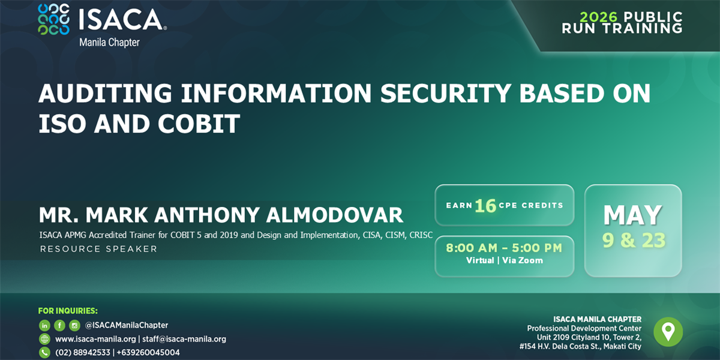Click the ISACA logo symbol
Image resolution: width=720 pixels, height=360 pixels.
tap(53, 19)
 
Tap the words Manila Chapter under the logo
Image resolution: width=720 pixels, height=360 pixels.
tap(109, 43)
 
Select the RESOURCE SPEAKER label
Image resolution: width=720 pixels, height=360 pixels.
tap(98, 249)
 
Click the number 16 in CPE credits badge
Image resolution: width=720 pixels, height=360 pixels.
tap(485, 206)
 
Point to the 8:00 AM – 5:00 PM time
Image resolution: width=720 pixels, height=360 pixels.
tap(504, 248)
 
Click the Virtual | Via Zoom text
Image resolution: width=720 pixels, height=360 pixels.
tap(504, 260)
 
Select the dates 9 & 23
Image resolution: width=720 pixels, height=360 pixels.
tap(634, 241)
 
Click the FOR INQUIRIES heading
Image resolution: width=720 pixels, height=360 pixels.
tap(68, 311)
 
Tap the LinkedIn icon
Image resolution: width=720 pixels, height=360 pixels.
tap(44, 325)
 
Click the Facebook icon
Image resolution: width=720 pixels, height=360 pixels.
tap(59, 325)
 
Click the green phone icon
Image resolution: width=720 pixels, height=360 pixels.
tap(44, 353)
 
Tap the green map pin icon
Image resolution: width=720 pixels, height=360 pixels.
tap(668, 332)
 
